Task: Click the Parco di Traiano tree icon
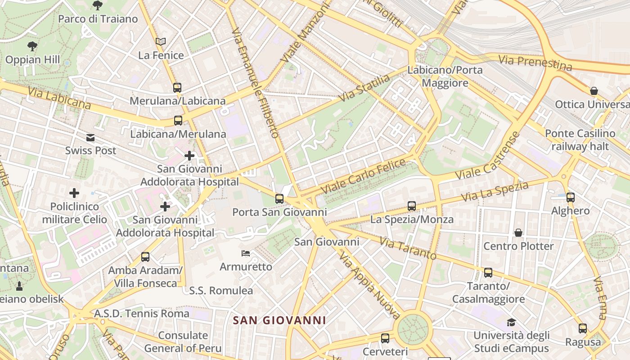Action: coord(97,5)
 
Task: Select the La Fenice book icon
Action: coord(161,41)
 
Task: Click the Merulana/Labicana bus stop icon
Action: coord(177,87)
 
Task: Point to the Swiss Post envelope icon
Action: coord(91,137)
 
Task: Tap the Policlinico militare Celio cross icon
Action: coord(74,193)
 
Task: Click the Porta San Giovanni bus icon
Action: coord(279,198)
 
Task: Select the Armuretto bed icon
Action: coord(246,253)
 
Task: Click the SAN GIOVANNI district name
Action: coord(279,320)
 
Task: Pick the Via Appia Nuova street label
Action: coord(369,285)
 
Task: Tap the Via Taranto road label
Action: coord(408,248)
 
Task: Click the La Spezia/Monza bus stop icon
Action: coord(412,206)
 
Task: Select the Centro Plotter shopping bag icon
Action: coord(518,233)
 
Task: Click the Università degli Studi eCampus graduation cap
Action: coord(511,322)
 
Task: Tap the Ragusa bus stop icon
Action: coord(583,328)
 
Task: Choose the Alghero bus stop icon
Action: coord(571,197)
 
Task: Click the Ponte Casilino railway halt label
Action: coord(580,140)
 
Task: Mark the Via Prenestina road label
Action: coord(535,63)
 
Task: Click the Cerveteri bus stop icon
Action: coord(385,338)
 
